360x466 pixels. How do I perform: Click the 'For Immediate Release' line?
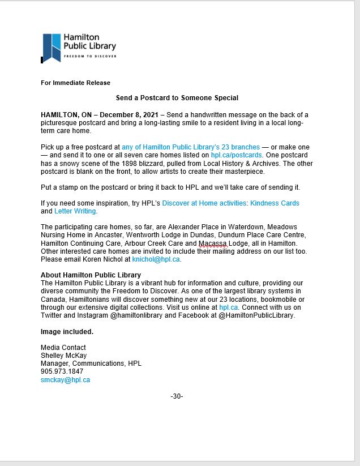coord(75,83)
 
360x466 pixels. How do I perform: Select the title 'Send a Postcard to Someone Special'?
coord(177,98)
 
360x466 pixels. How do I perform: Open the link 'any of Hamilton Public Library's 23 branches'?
coord(191,147)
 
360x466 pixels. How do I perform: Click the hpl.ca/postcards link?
coord(242,155)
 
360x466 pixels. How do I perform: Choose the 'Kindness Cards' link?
coord(275,203)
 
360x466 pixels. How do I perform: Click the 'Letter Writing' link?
coord(75,211)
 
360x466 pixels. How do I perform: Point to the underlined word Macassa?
coord(212,243)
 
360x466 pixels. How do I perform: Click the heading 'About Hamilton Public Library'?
coord(91,275)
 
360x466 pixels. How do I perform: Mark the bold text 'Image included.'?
coord(67,331)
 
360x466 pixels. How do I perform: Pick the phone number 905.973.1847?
coord(62,371)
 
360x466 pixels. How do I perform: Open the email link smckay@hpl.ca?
coord(65,380)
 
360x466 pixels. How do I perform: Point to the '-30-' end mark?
coord(177,396)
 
